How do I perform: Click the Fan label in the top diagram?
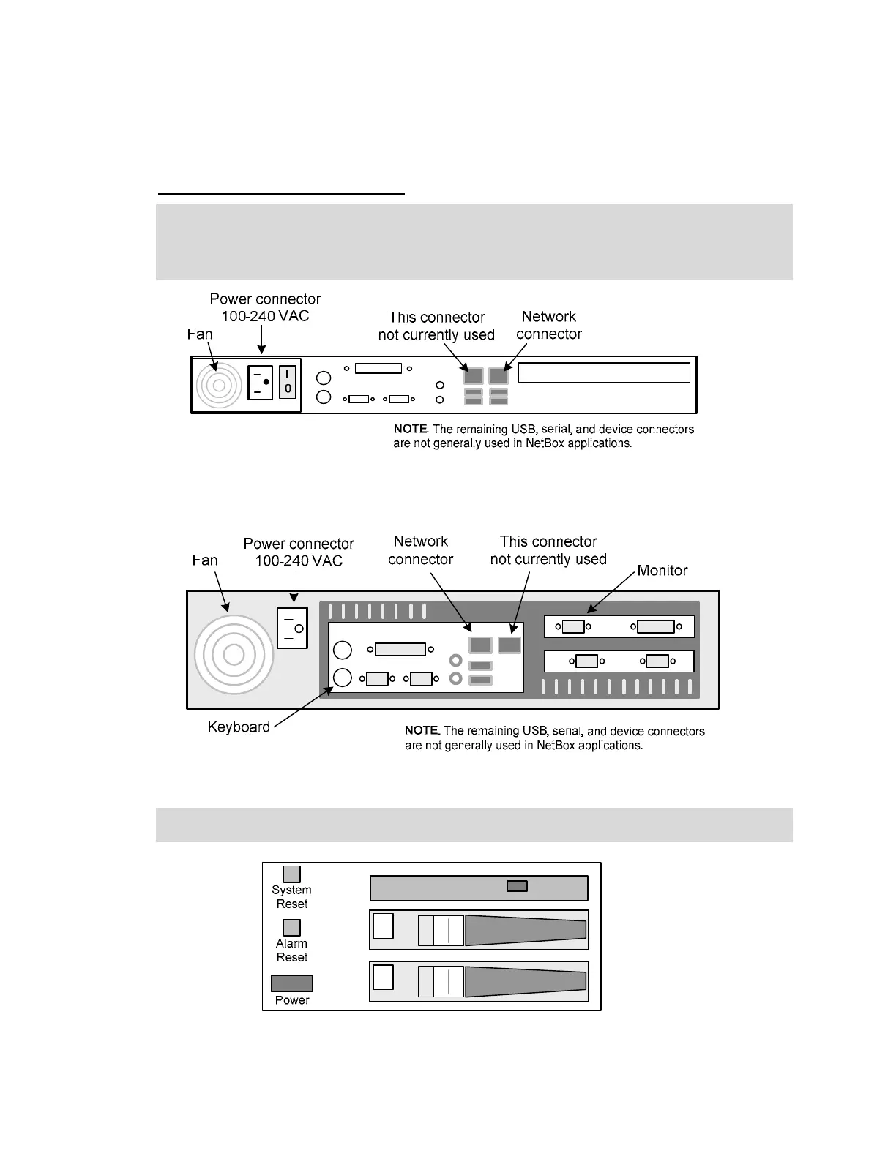click(x=200, y=334)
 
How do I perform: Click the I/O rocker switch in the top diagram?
click(x=288, y=382)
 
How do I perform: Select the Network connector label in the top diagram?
click(x=549, y=326)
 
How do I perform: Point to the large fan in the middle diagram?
click(x=234, y=654)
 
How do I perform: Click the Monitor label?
click(x=662, y=571)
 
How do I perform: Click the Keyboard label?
click(x=239, y=727)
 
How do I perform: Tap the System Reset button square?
click(x=292, y=874)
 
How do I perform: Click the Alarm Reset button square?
click(x=292, y=927)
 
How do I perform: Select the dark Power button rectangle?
click(x=292, y=983)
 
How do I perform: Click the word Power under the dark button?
click(x=292, y=1000)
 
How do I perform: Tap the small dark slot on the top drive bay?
click(x=517, y=887)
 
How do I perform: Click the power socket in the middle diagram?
click(x=292, y=628)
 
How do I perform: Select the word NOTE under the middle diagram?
click(x=422, y=731)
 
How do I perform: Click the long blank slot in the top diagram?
click(x=604, y=372)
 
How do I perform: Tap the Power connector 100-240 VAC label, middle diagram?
click(x=299, y=552)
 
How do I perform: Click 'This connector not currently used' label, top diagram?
click(x=436, y=326)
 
